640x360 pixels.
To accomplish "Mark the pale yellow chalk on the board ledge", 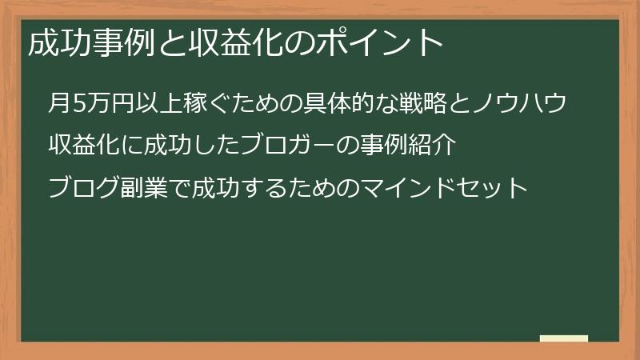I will click(x=564, y=339).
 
